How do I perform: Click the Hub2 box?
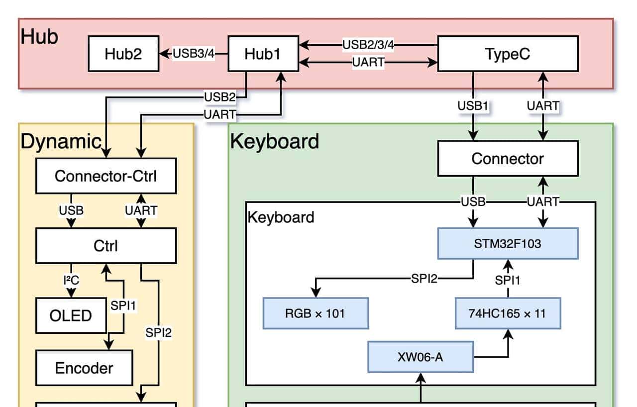(x=123, y=54)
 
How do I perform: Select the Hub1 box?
(x=263, y=54)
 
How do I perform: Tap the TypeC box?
(x=508, y=54)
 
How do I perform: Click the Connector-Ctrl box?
(x=106, y=176)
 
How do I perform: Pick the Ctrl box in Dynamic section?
(x=106, y=246)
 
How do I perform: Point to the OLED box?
(x=71, y=316)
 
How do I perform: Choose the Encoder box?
(x=84, y=368)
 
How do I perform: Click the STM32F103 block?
(x=508, y=244)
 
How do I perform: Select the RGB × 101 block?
(x=315, y=313)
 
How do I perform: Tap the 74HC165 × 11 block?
(x=508, y=313)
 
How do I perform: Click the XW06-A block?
(x=421, y=357)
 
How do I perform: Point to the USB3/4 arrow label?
(x=194, y=54)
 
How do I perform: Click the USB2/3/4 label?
(x=368, y=45)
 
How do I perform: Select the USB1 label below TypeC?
(x=473, y=106)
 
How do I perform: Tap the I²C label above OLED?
(x=71, y=281)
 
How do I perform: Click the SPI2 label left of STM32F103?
(x=424, y=279)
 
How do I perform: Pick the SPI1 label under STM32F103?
(x=508, y=281)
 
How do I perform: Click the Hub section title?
(x=40, y=37)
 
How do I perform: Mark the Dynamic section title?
(x=61, y=142)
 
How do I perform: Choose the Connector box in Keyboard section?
(x=508, y=159)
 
